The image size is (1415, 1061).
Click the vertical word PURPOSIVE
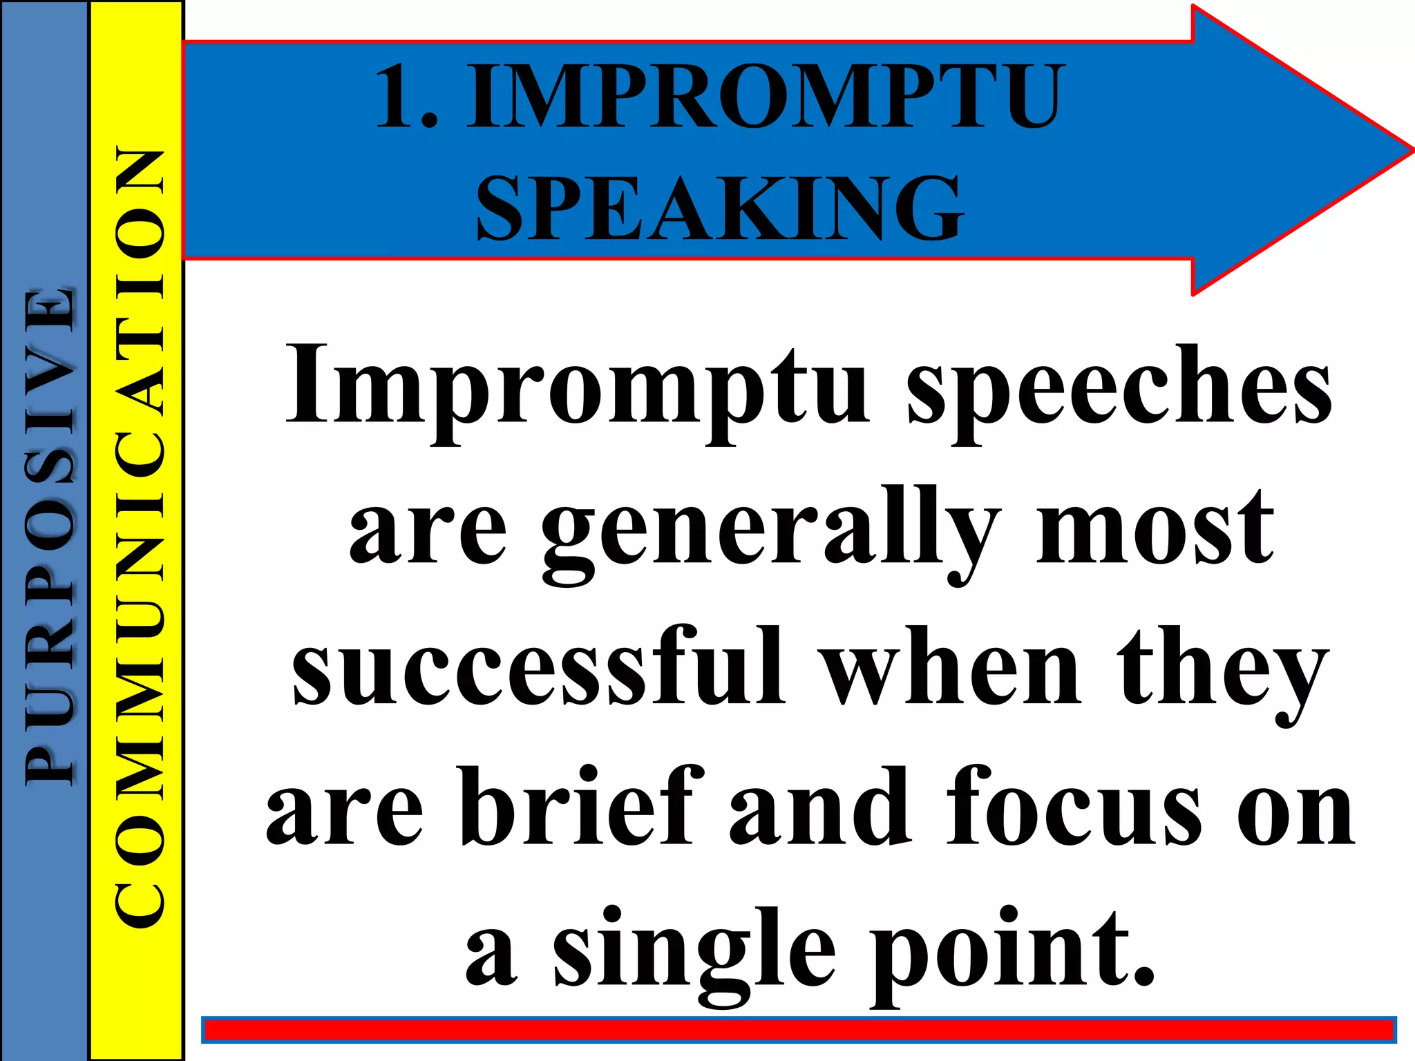point(48,535)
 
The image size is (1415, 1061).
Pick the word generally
point(770,532)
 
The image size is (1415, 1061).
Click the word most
point(1154,528)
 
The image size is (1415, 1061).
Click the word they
point(1223,670)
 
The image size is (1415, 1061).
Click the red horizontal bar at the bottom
point(798,1030)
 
